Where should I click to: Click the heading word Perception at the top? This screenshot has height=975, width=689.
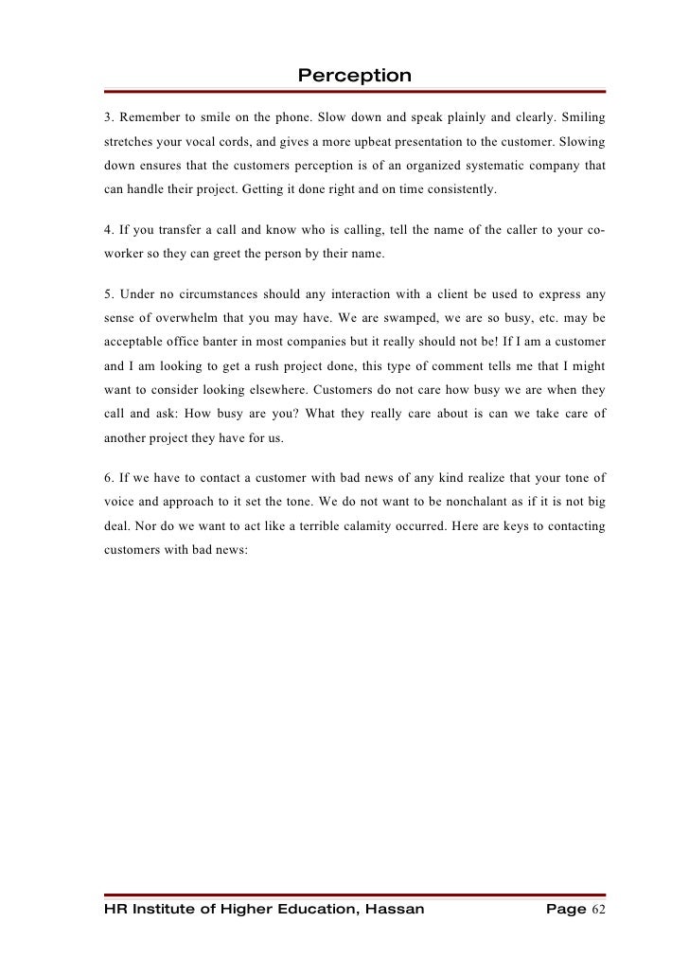click(355, 75)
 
